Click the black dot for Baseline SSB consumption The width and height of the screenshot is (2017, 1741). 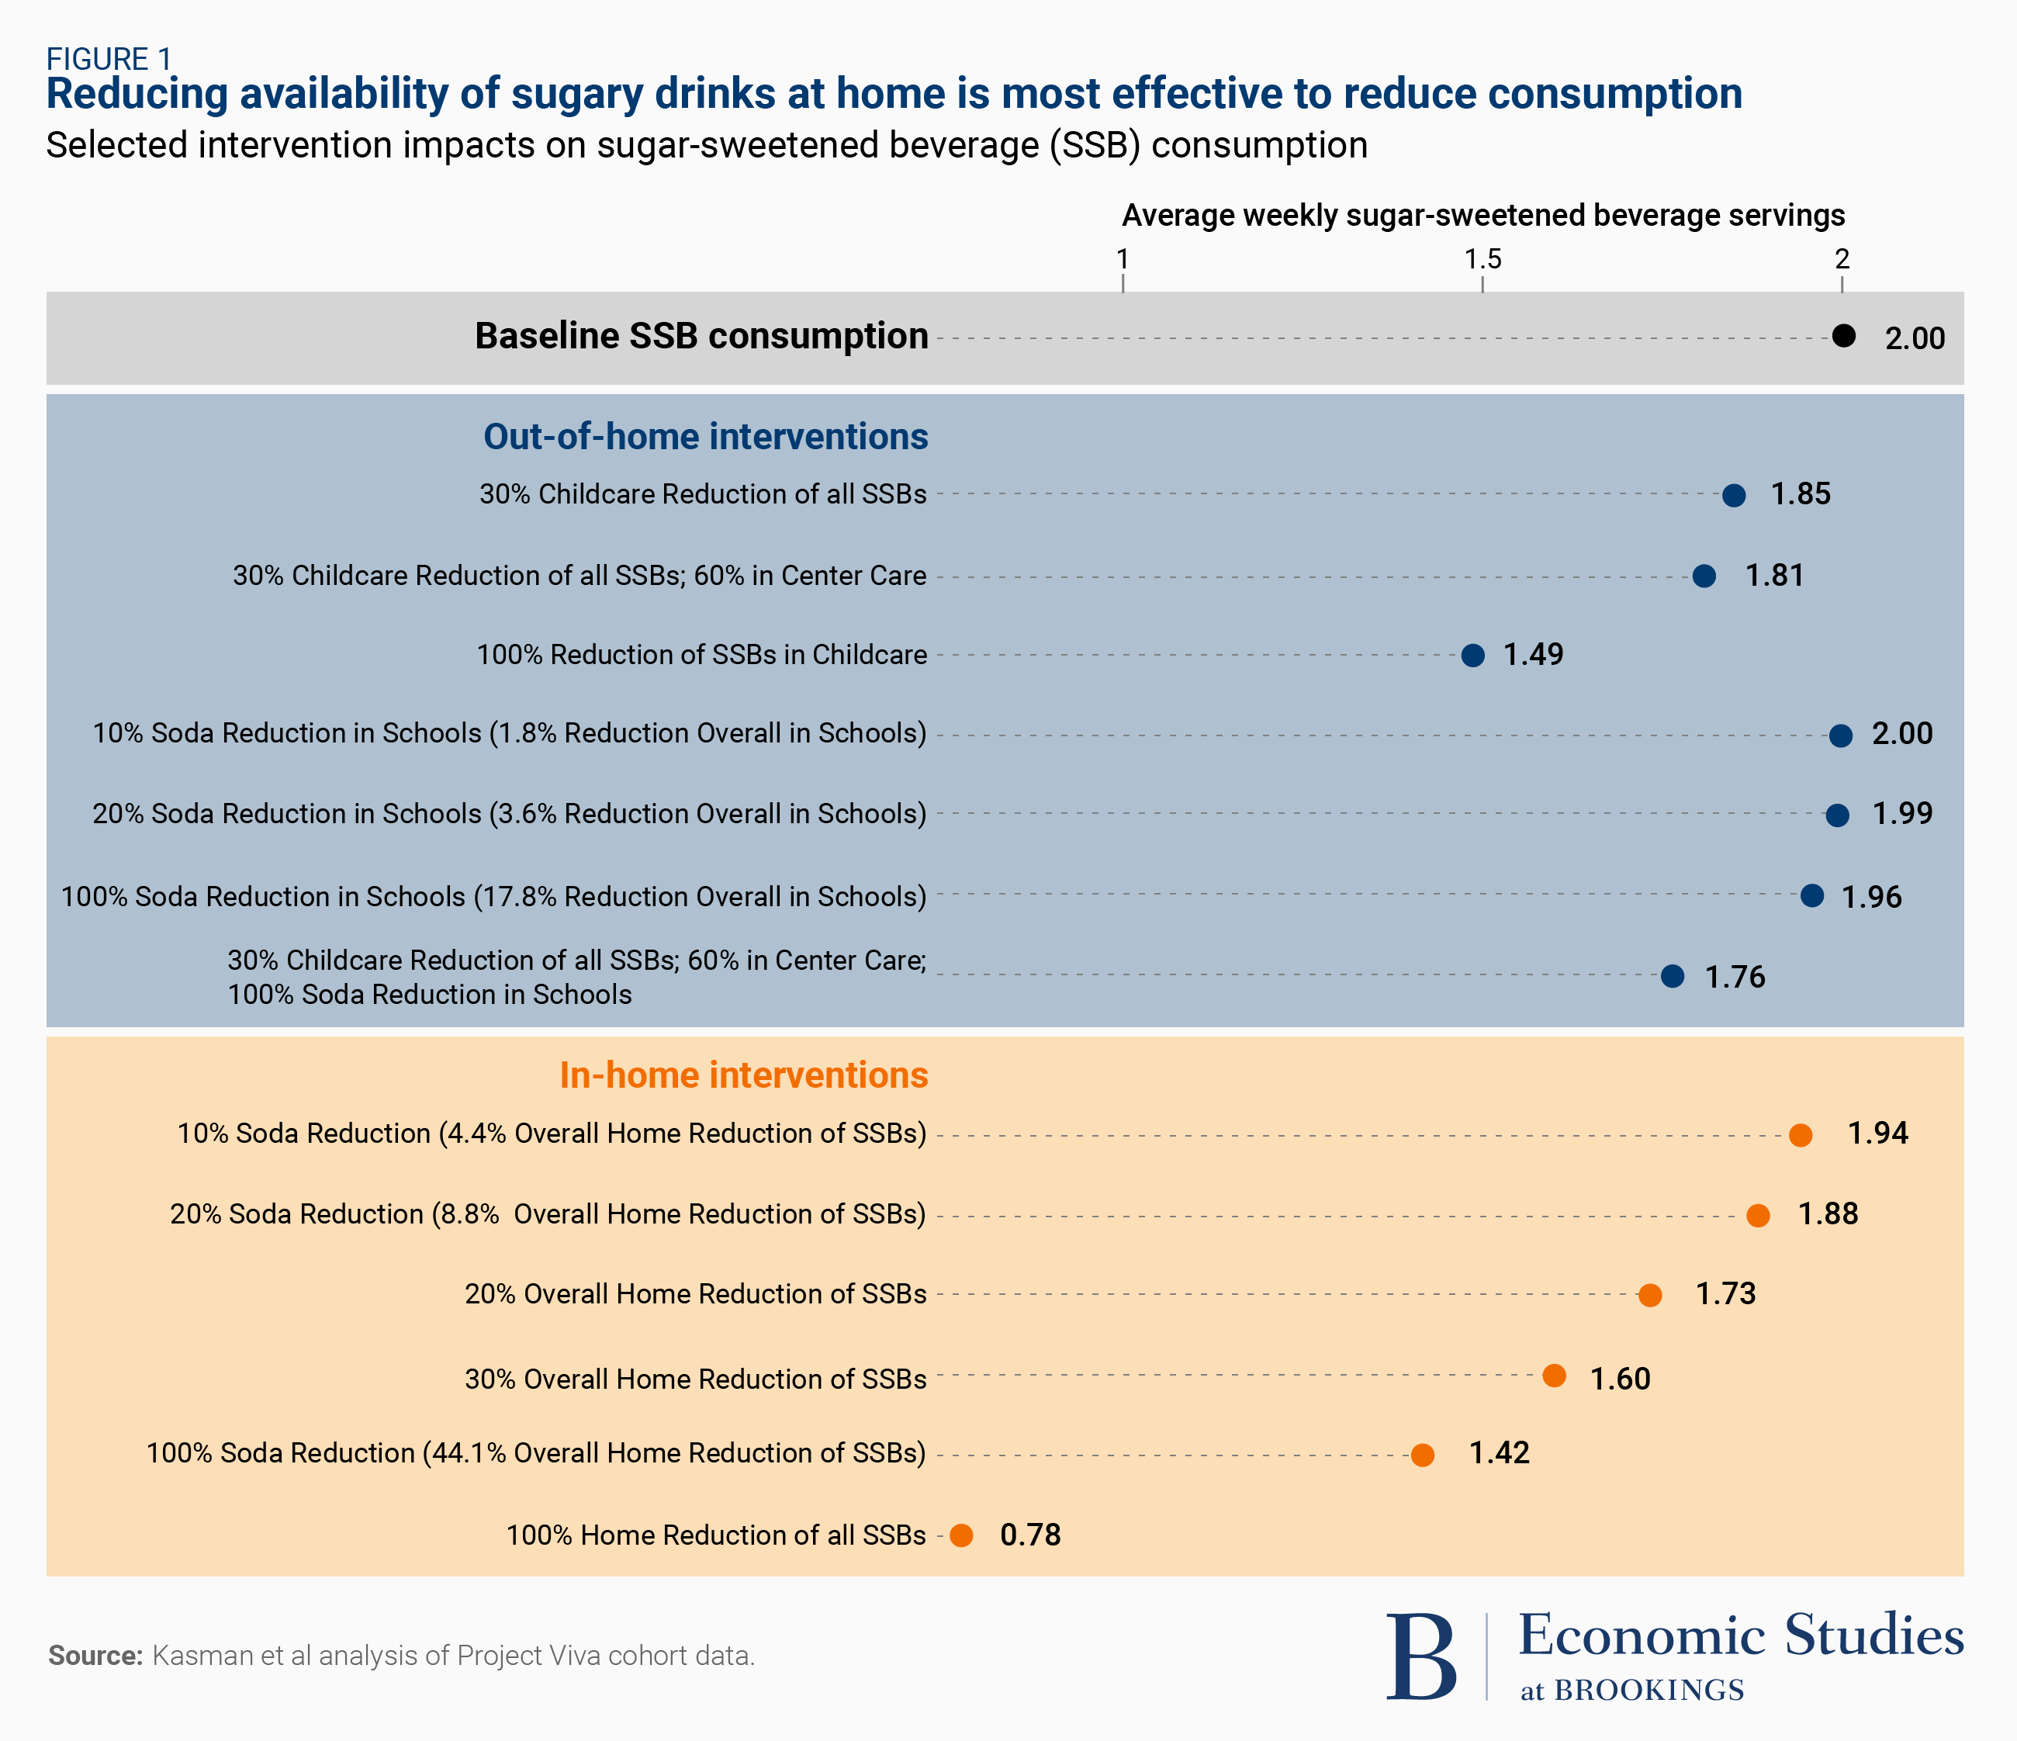click(x=1842, y=336)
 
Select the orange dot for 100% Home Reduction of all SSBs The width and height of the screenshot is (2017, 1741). click(x=961, y=1535)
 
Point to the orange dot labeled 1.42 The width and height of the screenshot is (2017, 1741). click(x=1422, y=1455)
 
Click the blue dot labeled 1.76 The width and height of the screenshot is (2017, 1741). click(x=1673, y=976)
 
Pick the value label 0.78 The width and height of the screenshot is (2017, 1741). click(x=1030, y=1535)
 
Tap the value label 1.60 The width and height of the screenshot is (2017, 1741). click(x=1620, y=1379)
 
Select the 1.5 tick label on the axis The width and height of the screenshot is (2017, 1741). click(x=1482, y=259)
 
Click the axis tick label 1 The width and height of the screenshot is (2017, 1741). click(x=1123, y=259)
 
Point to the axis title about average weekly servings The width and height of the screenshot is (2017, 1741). click(x=1482, y=215)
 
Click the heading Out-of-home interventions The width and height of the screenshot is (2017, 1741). click(x=706, y=436)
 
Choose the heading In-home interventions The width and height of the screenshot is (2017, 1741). click(x=744, y=1075)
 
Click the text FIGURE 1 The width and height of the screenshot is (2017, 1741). click(x=109, y=60)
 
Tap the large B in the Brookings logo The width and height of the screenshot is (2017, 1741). click(x=1421, y=1658)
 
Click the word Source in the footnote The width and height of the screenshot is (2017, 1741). click(x=95, y=1656)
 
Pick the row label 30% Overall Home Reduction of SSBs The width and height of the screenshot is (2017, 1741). click(x=695, y=1379)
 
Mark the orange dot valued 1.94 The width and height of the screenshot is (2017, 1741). click(x=1800, y=1135)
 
